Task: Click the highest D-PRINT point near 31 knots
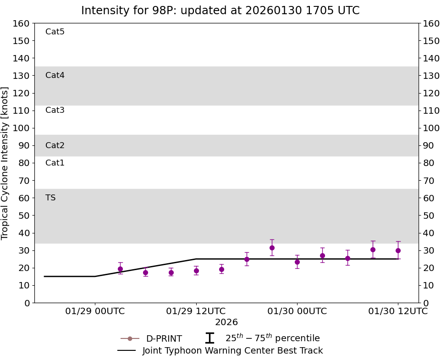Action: point(272,248)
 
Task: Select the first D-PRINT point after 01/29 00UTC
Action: point(120,269)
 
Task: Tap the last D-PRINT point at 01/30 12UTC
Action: point(398,250)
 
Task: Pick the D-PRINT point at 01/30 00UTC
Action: point(297,262)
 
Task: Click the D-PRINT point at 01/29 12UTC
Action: point(196,271)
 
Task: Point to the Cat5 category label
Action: point(55,32)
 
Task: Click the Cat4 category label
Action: point(55,75)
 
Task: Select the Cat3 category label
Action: point(55,110)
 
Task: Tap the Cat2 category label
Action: point(55,145)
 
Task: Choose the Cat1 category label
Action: point(55,163)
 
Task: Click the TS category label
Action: point(50,198)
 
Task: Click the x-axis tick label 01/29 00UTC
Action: point(95,311)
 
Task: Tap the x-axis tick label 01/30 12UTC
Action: point(398,311)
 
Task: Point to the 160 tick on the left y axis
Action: point(22,23)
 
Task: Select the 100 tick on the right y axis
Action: point(431,128)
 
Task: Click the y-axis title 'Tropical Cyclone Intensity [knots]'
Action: point(6,163)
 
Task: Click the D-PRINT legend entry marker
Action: point(130,339)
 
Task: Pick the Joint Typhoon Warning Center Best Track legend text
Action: point(232,351)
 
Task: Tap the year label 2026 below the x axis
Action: point(226,322)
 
